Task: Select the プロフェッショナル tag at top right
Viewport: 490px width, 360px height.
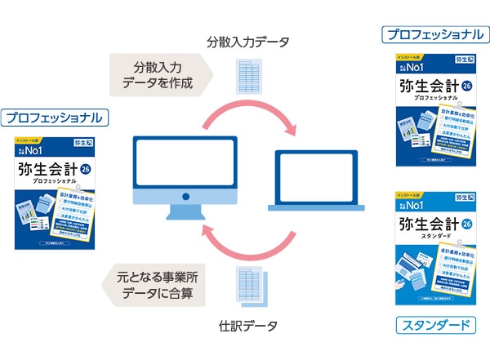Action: pyautogui.click(x=434, y=34)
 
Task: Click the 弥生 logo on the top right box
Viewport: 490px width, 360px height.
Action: pyautogui.click(x=462, y=60)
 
